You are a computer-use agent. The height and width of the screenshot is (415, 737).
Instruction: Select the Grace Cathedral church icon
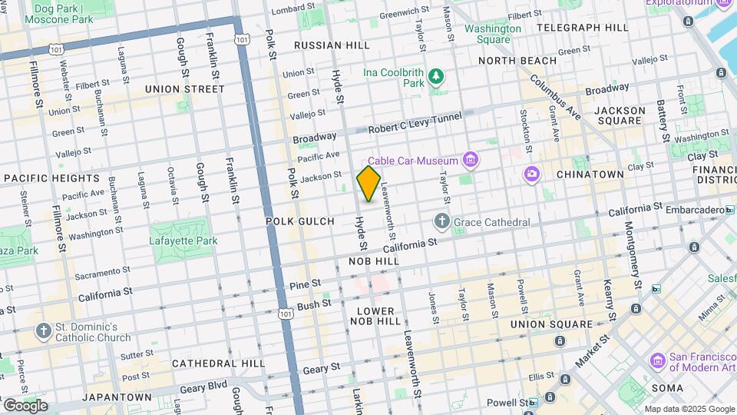(441, 222)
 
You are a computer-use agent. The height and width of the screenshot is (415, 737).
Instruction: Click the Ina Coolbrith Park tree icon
(436, 76)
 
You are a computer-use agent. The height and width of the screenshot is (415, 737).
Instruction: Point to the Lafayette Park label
(183, 241)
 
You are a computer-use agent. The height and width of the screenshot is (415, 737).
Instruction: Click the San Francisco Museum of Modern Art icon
(657, 360)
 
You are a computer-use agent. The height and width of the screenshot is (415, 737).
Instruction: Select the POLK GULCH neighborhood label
(300, 221)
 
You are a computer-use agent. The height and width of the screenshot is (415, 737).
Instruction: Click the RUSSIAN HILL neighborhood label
(332, 45)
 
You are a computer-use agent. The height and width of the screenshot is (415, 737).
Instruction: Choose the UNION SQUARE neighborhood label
(552, 324)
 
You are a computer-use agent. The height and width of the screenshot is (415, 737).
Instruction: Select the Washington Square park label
(492, 34)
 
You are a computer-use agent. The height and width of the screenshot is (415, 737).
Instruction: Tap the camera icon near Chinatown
(531, 174)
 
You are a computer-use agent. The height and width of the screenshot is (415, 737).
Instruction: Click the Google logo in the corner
(25, 405)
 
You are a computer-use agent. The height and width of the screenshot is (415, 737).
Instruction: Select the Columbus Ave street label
(554, 96)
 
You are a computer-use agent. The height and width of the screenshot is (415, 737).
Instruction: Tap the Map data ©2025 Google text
(689, 409)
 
